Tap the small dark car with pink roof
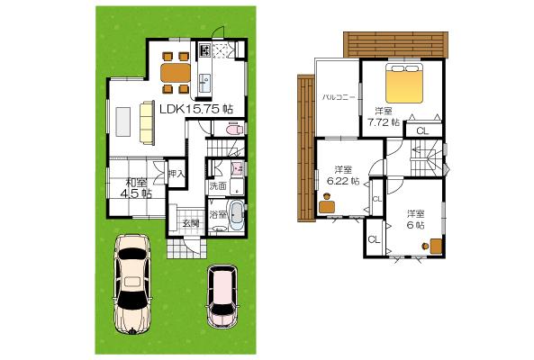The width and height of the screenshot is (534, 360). [221, 295]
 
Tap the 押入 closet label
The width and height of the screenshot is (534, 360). [176, 173]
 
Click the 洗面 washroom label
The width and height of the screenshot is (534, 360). [217, 186]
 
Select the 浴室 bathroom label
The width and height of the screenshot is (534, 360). [217, 215]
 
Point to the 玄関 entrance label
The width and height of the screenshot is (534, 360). [191, 222]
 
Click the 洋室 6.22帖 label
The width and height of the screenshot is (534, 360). [343, 175]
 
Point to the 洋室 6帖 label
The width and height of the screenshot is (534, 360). [415, 219]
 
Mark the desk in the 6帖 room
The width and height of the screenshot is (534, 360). [434, 243]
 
